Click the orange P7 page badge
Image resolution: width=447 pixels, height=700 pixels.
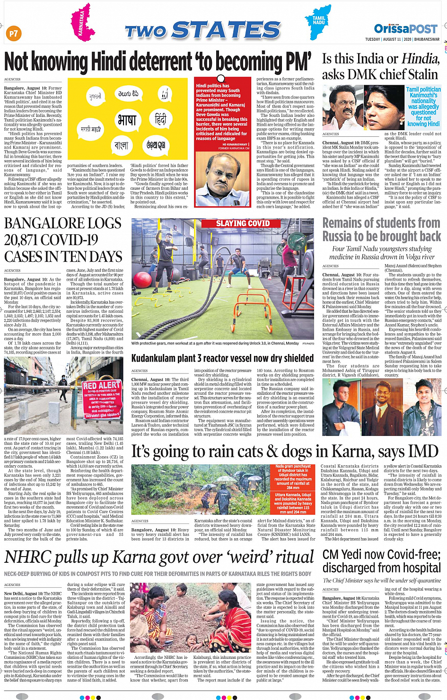tap(13, 34)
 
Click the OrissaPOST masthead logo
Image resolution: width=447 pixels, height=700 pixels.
tap(406, 29)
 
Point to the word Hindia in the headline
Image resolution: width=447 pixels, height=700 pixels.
tap(417, 59)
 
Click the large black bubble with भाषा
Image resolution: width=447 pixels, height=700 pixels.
tap(126, 121)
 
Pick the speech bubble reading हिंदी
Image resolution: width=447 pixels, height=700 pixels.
tap(161, 120)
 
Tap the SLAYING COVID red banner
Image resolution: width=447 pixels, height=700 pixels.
tap(243, 223)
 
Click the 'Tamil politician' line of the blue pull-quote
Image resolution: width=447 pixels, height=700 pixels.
tap(423, 89)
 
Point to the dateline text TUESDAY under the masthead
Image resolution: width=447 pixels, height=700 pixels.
tap(372, 39)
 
